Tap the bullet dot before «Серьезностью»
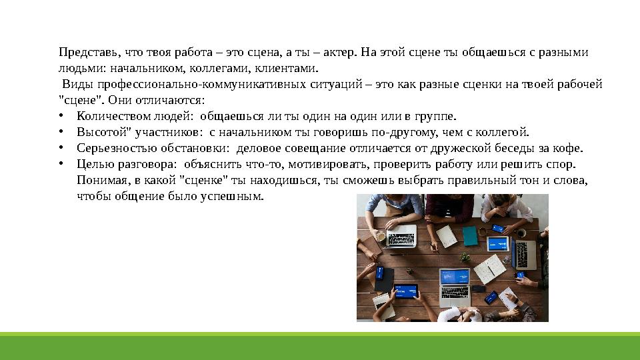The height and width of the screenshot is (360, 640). click(61, 148)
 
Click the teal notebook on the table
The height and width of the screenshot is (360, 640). click(470, 235)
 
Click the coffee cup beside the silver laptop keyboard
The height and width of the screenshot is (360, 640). click(380, 235)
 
